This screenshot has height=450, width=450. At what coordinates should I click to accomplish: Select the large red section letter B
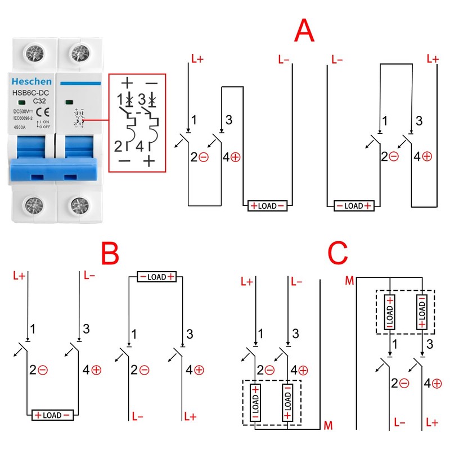pos(110,255)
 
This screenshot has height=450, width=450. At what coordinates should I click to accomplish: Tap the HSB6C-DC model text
pos(33,93)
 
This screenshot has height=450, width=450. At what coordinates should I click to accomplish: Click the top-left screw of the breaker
pos(32,53)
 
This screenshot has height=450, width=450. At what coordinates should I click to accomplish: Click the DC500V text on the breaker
pos(23,112)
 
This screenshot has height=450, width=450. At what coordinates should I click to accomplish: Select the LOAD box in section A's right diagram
pos(354,206)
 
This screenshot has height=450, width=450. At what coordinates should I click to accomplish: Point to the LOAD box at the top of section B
pos(157,277)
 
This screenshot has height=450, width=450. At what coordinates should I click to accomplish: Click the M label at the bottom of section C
pos(328,426)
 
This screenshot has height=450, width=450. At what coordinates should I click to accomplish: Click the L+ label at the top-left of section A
pos(198,58)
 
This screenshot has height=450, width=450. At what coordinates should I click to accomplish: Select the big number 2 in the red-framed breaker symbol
pos(119,147)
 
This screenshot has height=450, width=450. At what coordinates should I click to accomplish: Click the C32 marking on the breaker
pos(39,101)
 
